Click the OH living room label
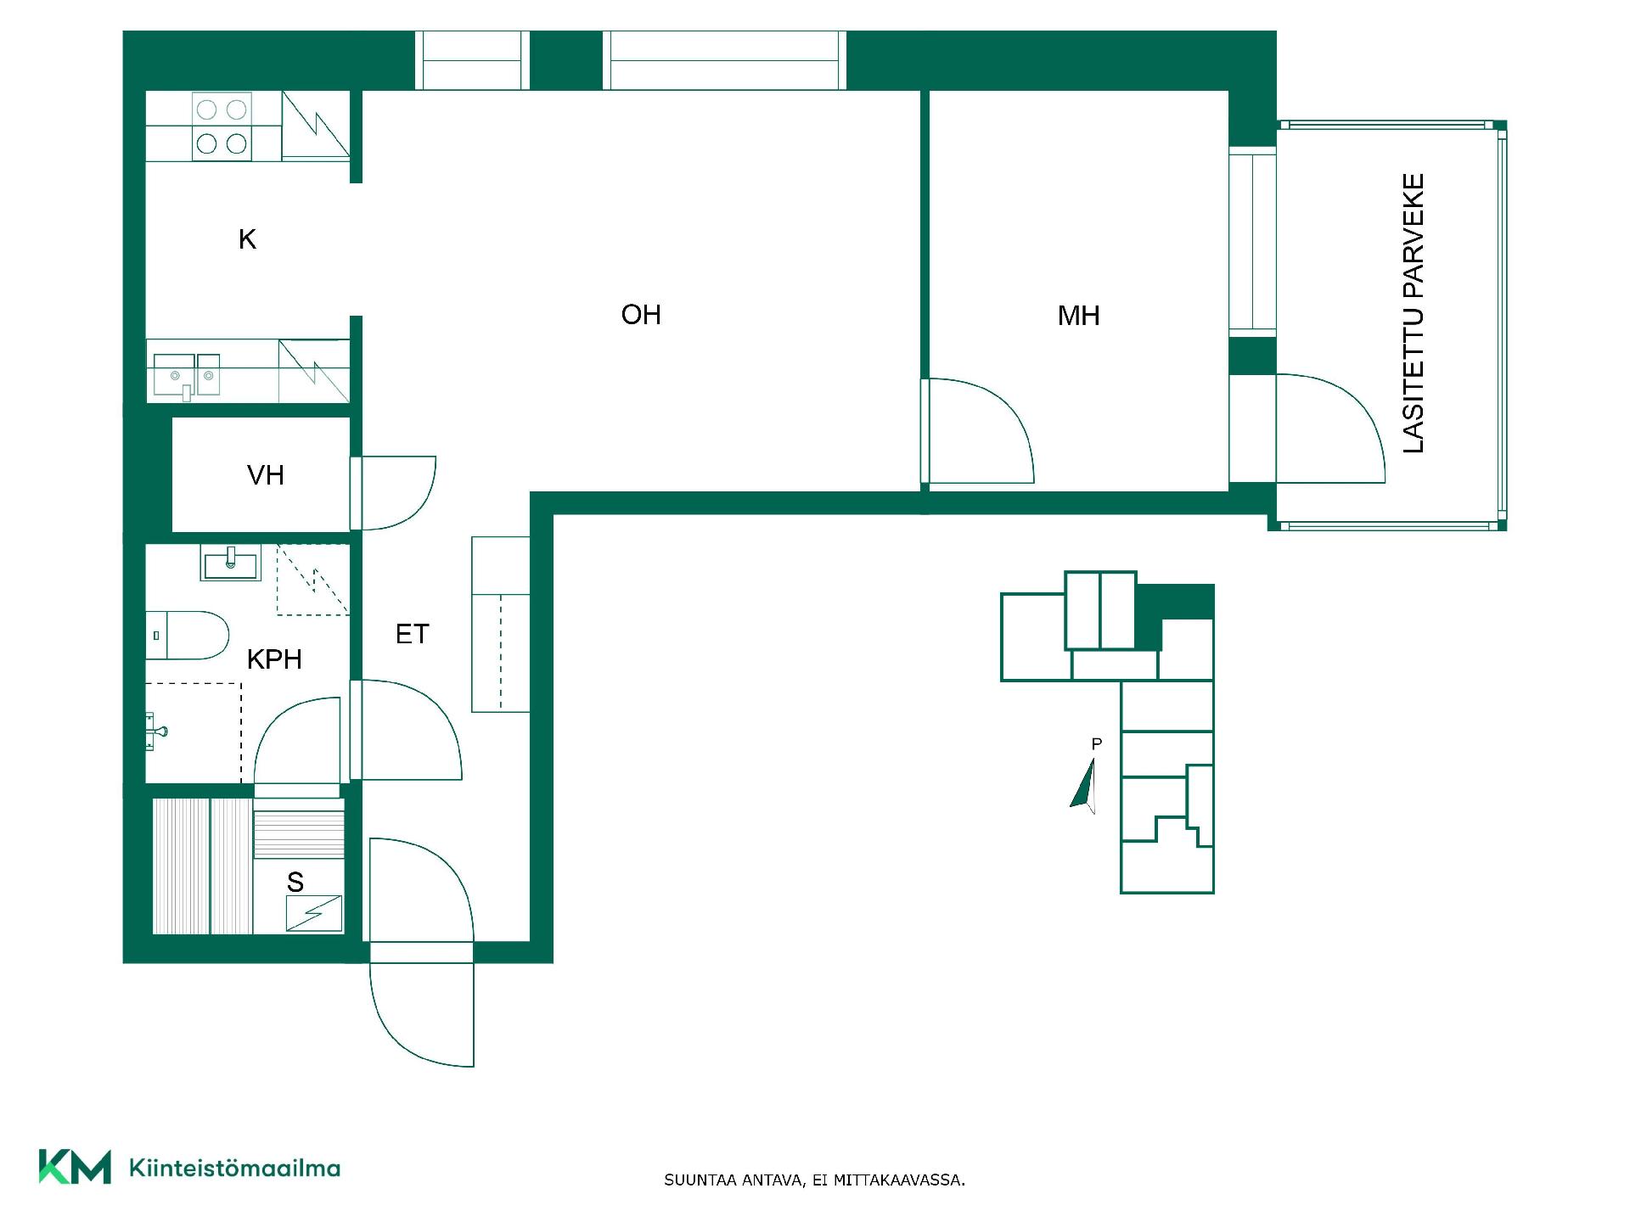coord(641,315)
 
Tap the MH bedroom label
coord(1078,316)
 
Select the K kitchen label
coord(247,239)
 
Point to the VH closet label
coord(265,475)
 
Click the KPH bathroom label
coord(274,659)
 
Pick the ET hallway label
coord(413,634)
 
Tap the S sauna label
coord(295,883)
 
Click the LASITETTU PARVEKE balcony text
coord(1414,313)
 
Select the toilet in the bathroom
coord(188,635)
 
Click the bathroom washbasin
coord(231,563)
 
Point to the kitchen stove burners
coord(222,126)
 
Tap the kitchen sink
coord(186,375)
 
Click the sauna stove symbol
coord(314,914)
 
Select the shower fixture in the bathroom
coord(155,732)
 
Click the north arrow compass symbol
coord(1083,785)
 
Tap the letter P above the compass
coord(1097,744)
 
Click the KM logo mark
coord(75,1167)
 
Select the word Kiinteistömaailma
coord(234,1168)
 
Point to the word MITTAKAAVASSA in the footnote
coord(899,1180)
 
